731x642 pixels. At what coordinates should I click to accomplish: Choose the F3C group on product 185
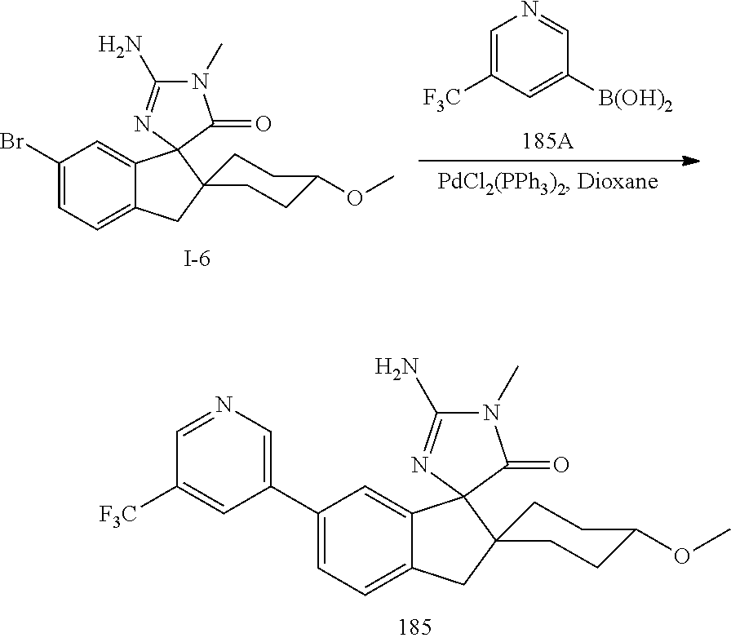coord(119,513)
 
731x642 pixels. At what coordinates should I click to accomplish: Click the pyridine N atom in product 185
coord(224,404)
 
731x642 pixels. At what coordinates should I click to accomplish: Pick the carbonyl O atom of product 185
coord(560,466)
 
